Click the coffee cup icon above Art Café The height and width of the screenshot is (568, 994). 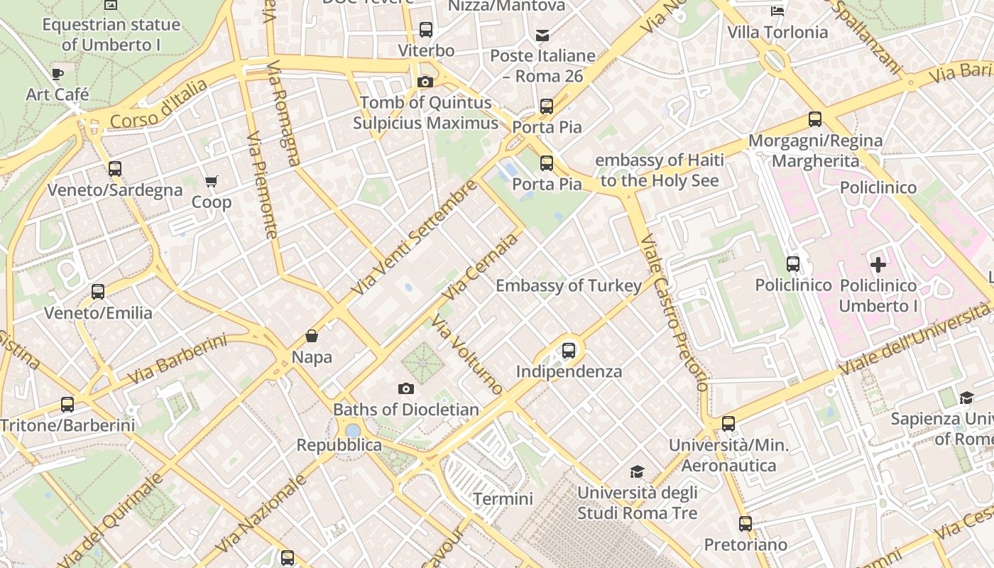(x=58, y=74)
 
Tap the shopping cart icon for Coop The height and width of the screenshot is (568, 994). (x=211, y=182)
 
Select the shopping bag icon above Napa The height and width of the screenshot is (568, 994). (x=311, y=336)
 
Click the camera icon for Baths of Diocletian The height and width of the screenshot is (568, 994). (x=406, y=388)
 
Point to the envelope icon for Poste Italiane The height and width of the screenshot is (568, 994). (x=542, y=35)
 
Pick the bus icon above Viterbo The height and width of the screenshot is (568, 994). (x=426, y=30)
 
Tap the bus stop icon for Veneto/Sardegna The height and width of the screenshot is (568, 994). (x=115, y=169)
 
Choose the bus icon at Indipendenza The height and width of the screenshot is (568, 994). (x=568, y=350)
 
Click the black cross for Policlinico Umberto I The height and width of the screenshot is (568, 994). (x=878, y=265)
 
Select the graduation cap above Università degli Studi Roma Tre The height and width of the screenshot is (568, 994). (x=637, y=471)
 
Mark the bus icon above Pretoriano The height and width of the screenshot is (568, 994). (x=745, y=524)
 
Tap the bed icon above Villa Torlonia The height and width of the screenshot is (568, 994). (x=777, y=11)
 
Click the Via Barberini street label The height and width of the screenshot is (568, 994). (x=177, y=360)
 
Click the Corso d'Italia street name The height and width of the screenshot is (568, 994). (x=159, y=104)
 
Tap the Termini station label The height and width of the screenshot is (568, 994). (x=503, y=498)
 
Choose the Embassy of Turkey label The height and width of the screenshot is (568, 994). (x=569, y=285)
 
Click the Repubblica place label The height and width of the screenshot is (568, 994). (x=339, y=445)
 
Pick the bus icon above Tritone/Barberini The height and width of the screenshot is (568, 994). (x=67, y=405)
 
